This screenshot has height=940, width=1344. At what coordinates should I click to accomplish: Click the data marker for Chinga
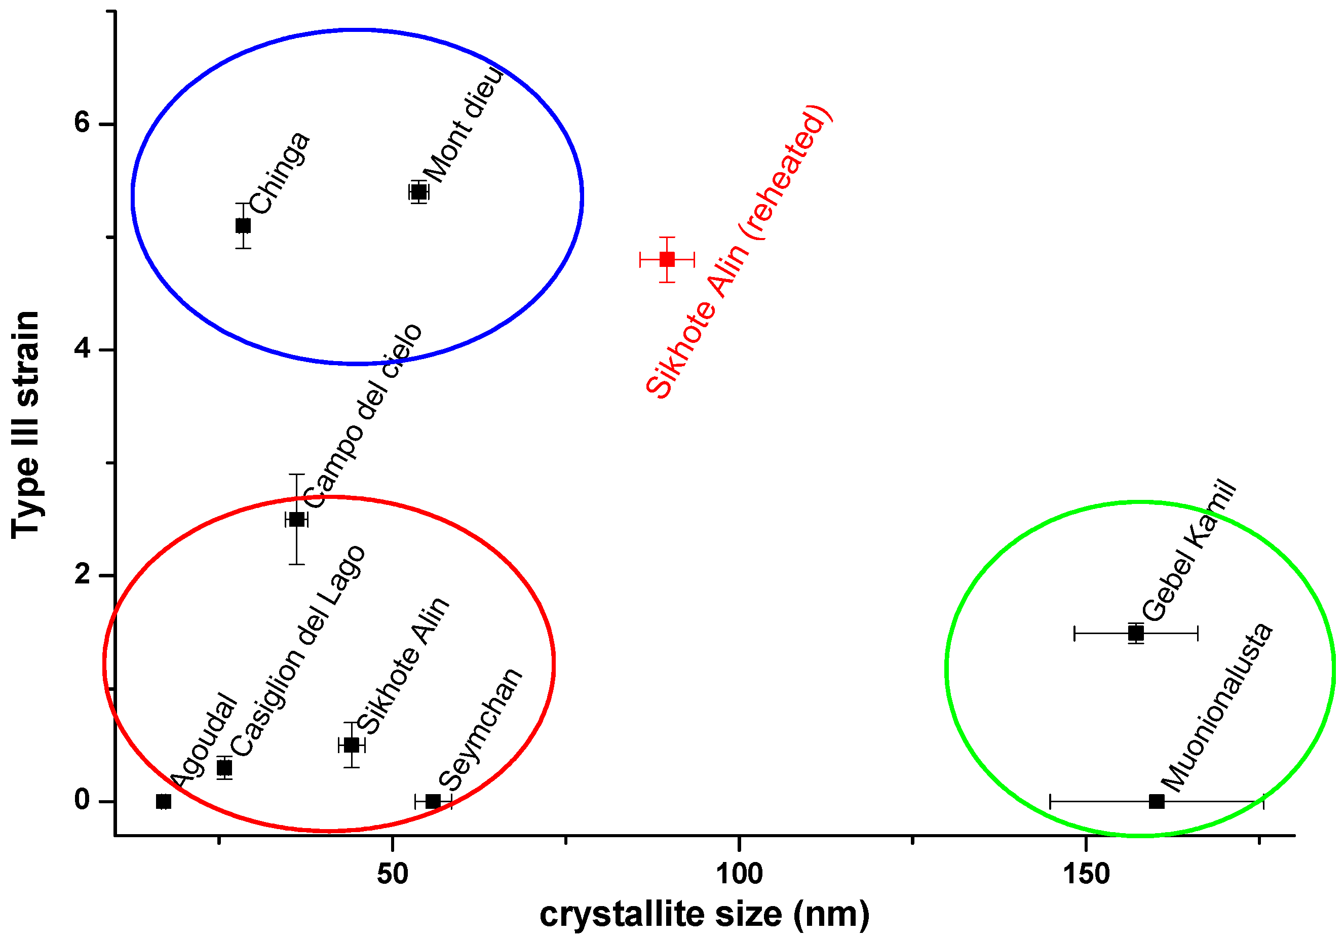[x=243, y=225]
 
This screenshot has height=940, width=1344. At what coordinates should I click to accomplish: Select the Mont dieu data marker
[x=418, y=191]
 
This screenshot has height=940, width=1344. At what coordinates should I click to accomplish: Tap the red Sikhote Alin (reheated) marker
[x=667, y=259]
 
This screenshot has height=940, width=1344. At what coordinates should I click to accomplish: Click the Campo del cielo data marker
[x=297, y=519]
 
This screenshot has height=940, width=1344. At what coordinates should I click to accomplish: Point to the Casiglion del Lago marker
[x=224, y=767]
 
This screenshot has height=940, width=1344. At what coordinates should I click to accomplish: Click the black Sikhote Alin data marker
[x=351, y=745]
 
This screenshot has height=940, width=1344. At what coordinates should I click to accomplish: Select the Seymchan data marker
[x=433, y=801]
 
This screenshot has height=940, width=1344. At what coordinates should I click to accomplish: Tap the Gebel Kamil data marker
[x=1136, y=633]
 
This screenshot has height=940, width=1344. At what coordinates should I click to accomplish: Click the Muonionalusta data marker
[x=1156, y=801]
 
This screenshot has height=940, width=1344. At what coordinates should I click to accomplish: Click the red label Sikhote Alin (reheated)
[x=739, y=253]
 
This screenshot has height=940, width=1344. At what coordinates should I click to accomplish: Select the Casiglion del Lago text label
[x=297, y=651]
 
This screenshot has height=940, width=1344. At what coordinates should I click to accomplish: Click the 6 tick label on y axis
[x=82, y=124]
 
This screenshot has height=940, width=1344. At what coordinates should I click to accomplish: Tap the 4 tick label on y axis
[x=82, y=349]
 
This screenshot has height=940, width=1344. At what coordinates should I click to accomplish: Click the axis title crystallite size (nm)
[x=704, y=915]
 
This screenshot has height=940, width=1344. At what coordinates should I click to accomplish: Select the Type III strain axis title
[x=26, y=424]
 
